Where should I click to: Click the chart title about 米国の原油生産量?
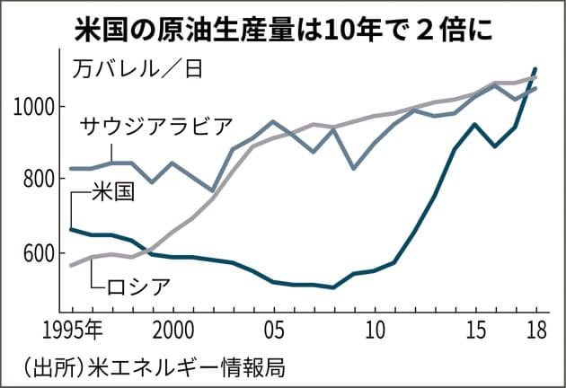[282, 30]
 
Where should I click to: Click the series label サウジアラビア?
[156, 125]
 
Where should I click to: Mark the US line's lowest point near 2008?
[334, 287]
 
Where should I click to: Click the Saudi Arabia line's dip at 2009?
[354, 168]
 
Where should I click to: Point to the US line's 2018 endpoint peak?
[536, 68]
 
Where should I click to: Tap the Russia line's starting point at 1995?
[72, 266]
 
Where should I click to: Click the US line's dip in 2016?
[497, 145]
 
